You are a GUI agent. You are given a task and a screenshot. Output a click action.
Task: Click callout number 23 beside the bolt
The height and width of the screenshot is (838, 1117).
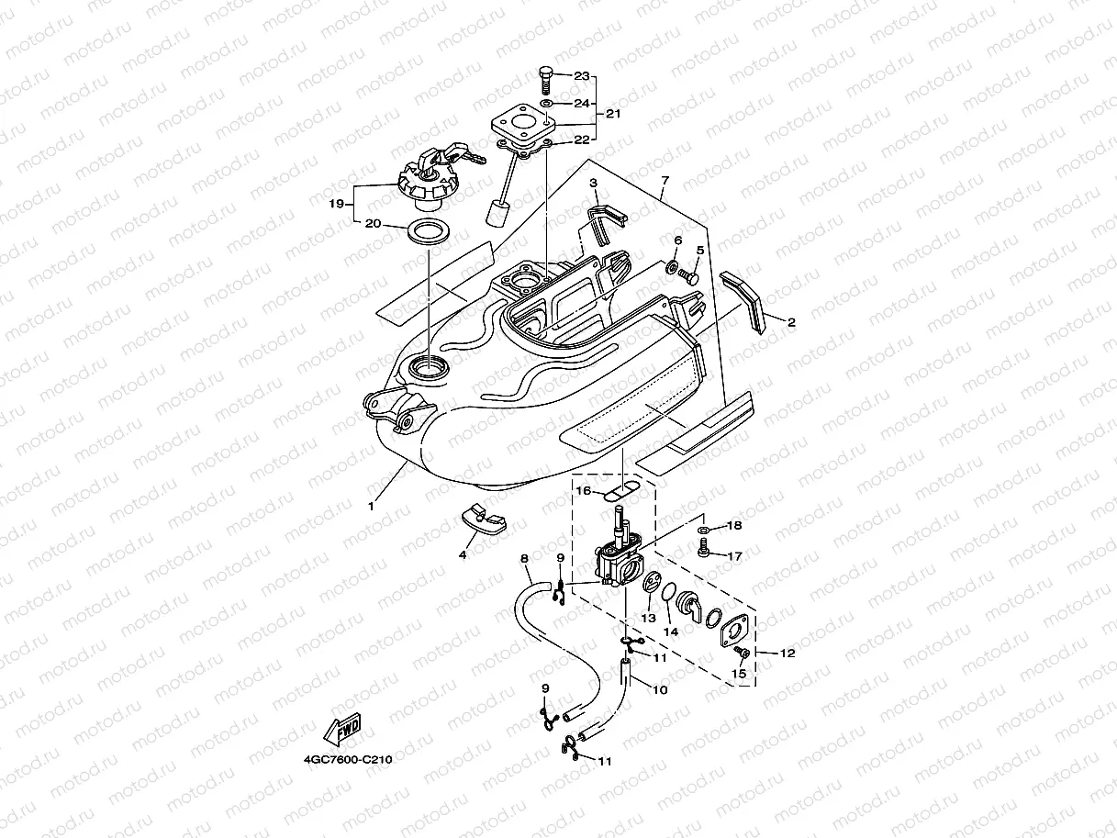coord(581,77)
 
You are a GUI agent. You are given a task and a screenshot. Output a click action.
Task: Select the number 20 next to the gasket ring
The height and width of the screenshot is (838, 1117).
coord(374,223)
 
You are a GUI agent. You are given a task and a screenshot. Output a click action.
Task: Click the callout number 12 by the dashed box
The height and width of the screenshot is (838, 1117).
coord(787,653)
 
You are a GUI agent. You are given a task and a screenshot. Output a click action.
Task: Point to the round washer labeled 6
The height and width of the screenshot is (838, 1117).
coord(672,268)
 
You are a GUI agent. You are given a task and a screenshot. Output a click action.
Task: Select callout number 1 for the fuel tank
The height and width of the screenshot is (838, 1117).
coord(371,506)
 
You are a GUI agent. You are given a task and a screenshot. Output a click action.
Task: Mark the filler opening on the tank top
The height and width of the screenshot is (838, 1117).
coord(429,368)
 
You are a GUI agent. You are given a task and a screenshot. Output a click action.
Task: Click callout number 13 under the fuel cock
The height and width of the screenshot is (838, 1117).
coord(648,620)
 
